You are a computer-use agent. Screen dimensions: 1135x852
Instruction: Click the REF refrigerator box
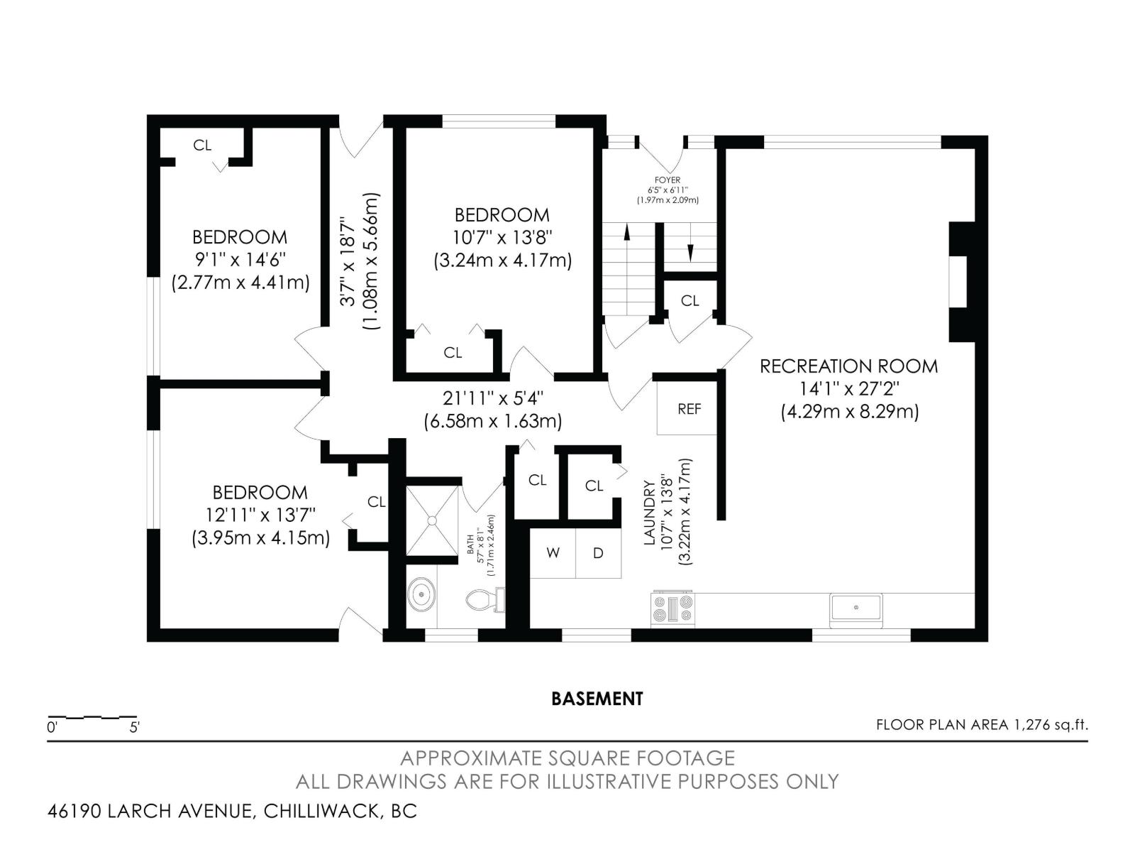click(x=687, y=408)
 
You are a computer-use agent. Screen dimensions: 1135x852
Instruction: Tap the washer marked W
click(x=553, y=553)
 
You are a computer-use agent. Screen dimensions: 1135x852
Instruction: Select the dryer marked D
click(x=598, y=553)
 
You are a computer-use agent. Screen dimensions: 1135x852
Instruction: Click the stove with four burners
click(x=672, y=609)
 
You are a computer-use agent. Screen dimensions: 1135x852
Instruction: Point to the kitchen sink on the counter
click(x=856, y=610)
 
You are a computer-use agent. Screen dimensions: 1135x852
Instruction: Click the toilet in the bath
click(x=485, y=600)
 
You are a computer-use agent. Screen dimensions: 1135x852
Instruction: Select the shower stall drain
click(x=432, y=520)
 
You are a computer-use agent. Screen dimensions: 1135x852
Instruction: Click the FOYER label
click(x=668, y=180)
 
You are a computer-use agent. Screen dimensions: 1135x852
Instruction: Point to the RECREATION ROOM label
click(x=848, y=366)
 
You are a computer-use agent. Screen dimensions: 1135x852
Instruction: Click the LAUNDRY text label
click(x=650, y=513)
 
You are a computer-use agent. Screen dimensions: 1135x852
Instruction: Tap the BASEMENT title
click(x=597, y=699)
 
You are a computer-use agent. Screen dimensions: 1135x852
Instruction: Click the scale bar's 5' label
click(x=135, y=728)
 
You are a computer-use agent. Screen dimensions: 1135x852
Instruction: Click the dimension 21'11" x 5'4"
click(x=493, y=398)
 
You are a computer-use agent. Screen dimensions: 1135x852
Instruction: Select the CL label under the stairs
click(x=690, y=300)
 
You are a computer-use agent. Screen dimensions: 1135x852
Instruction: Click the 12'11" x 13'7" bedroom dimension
click(x=260, y=515)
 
